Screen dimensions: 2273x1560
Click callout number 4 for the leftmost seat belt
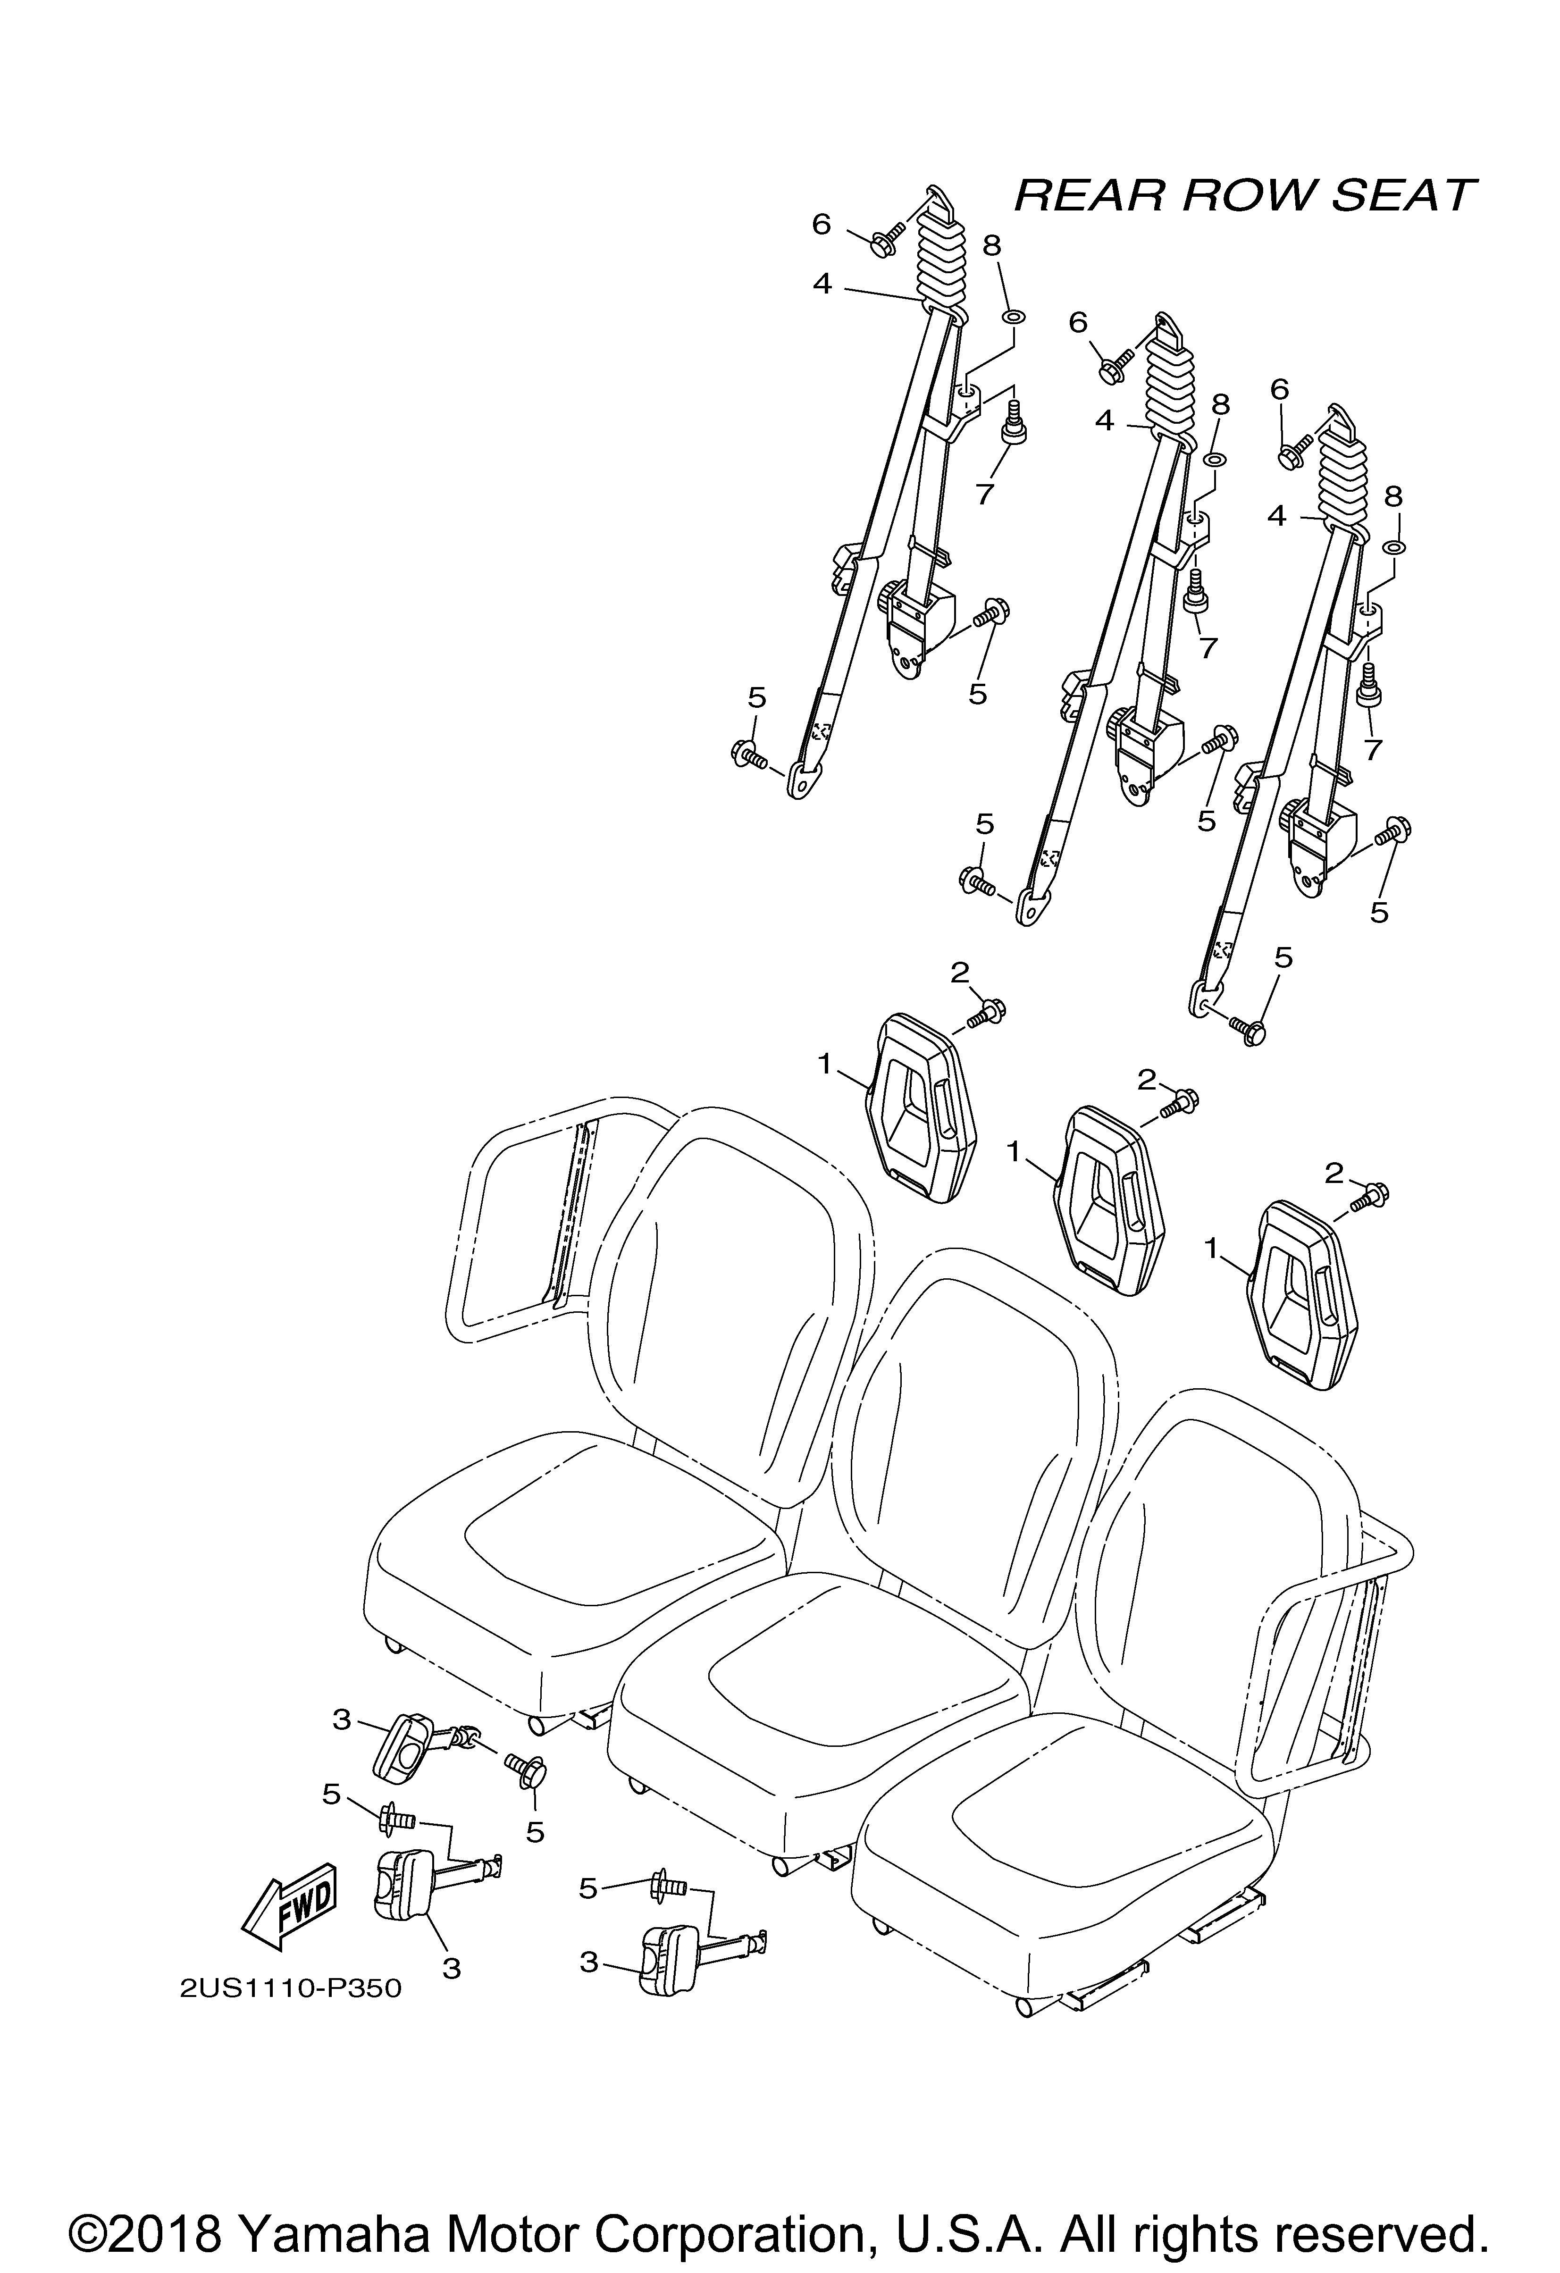tap(822, 285)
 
